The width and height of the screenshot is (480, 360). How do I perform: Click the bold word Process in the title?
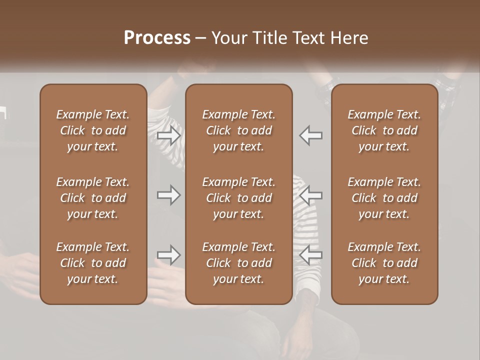click(x=157, y=38)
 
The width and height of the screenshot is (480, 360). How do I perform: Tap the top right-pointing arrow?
click(x=169, y=135)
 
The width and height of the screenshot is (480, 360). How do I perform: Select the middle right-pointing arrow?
click(x=169, y=195)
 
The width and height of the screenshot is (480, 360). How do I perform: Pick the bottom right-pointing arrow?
click(x=169, y=255)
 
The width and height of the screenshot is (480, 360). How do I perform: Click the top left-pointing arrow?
click(x=310, y=135)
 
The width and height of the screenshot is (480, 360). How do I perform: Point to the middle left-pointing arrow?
click(x=310, y=195)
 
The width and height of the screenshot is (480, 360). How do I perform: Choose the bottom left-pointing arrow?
click(x=310, y=255)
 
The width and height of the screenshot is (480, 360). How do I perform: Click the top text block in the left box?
click(x=93, y=130)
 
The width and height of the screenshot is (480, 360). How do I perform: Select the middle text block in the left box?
click(x=93, y=198)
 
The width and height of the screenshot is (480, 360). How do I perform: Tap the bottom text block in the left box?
click(x=93, y=263)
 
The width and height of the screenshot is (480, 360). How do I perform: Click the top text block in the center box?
click(x=238, y=130)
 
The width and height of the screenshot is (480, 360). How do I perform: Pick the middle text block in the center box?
click(x=238, y=198)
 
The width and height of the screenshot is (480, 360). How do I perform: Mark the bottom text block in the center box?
click(x=238, y=263)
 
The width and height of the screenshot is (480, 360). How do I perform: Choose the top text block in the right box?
click(x=384, y=130)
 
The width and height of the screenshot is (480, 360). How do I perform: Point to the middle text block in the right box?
click(x=384, y=198)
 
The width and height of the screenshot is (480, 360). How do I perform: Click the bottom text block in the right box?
click(x=384, y=263)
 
